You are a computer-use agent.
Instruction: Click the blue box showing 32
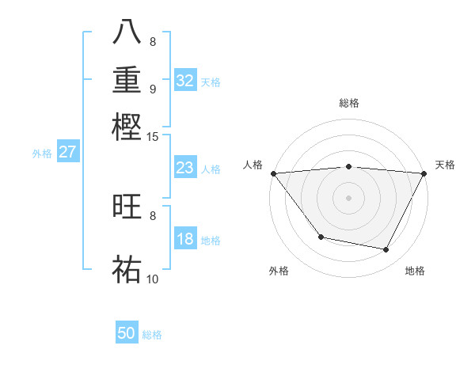tap(184, 81)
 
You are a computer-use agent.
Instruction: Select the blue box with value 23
tap(184, 168)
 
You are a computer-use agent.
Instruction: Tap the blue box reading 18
tap(184, 239)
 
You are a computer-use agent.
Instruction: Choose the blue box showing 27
tap(67, 152)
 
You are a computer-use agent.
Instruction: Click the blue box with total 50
tap(127, 333)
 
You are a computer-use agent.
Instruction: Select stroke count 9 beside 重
tap(152, 89)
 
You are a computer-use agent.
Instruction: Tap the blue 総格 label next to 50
tap(152, 335)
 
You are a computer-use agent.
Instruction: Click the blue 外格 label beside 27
tap(42, 154)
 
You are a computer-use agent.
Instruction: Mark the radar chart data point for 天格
tap(424, 173)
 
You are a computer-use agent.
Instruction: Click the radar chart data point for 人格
tap(273, 173)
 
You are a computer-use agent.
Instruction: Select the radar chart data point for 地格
tap(386, 249)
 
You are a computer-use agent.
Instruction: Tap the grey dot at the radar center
tap(348, 197)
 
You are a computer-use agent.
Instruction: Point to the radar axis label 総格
tap(348, 103)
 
